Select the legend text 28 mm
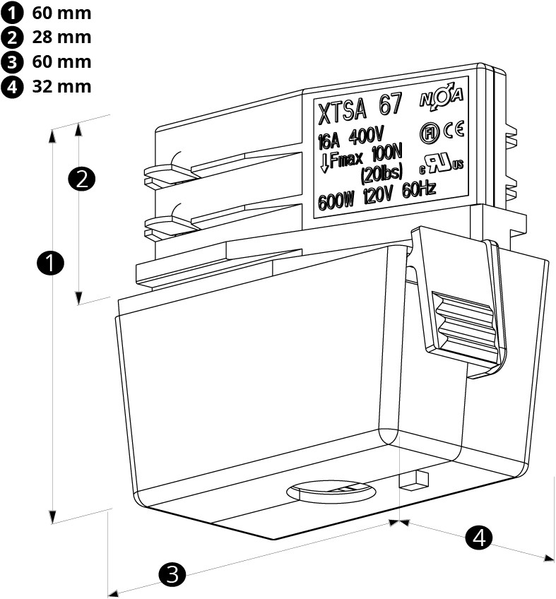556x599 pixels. [61, 37]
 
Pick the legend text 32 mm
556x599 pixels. [61, 86]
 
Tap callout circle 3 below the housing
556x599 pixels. [172, 574]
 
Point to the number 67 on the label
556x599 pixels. [391, 105]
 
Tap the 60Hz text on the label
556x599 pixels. [418, 189]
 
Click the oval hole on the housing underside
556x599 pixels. [330, 490]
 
